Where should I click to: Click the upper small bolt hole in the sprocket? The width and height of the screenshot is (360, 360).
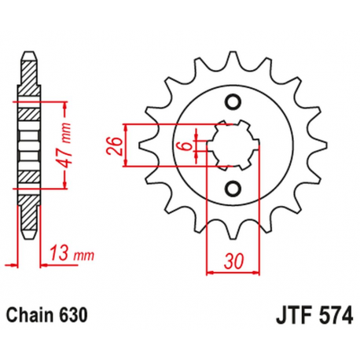tap(232, 101)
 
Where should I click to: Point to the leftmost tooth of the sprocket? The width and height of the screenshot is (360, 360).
tap(144, 145)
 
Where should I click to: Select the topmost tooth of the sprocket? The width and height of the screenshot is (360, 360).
tap(232, 57)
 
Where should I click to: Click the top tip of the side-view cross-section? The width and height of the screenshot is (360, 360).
tap(29, 55)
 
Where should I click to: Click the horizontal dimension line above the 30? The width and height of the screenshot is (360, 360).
tap(232, 272)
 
